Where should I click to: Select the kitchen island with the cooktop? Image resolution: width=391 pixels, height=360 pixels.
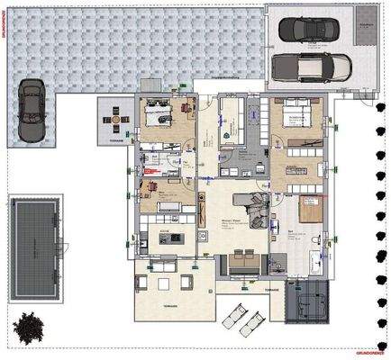click(170, 238)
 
